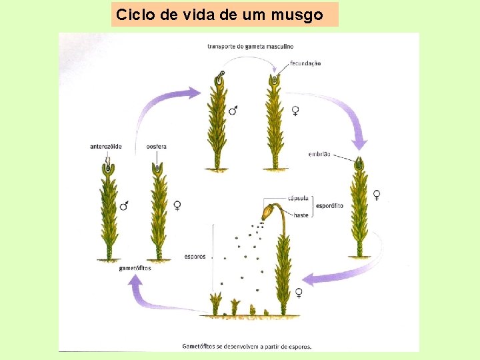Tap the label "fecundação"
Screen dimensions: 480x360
(305, 63)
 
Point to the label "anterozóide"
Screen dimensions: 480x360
(105, 146)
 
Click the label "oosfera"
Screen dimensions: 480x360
(157, 146)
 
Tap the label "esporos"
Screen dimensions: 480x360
(195, 256)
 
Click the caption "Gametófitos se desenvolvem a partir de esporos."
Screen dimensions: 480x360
(247, 346)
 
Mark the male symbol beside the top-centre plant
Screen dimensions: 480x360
(233, 110)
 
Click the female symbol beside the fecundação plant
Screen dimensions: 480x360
(295, 111)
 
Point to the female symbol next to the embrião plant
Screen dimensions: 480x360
(377, 195)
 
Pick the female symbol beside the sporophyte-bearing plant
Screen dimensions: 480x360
(299, 292)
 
